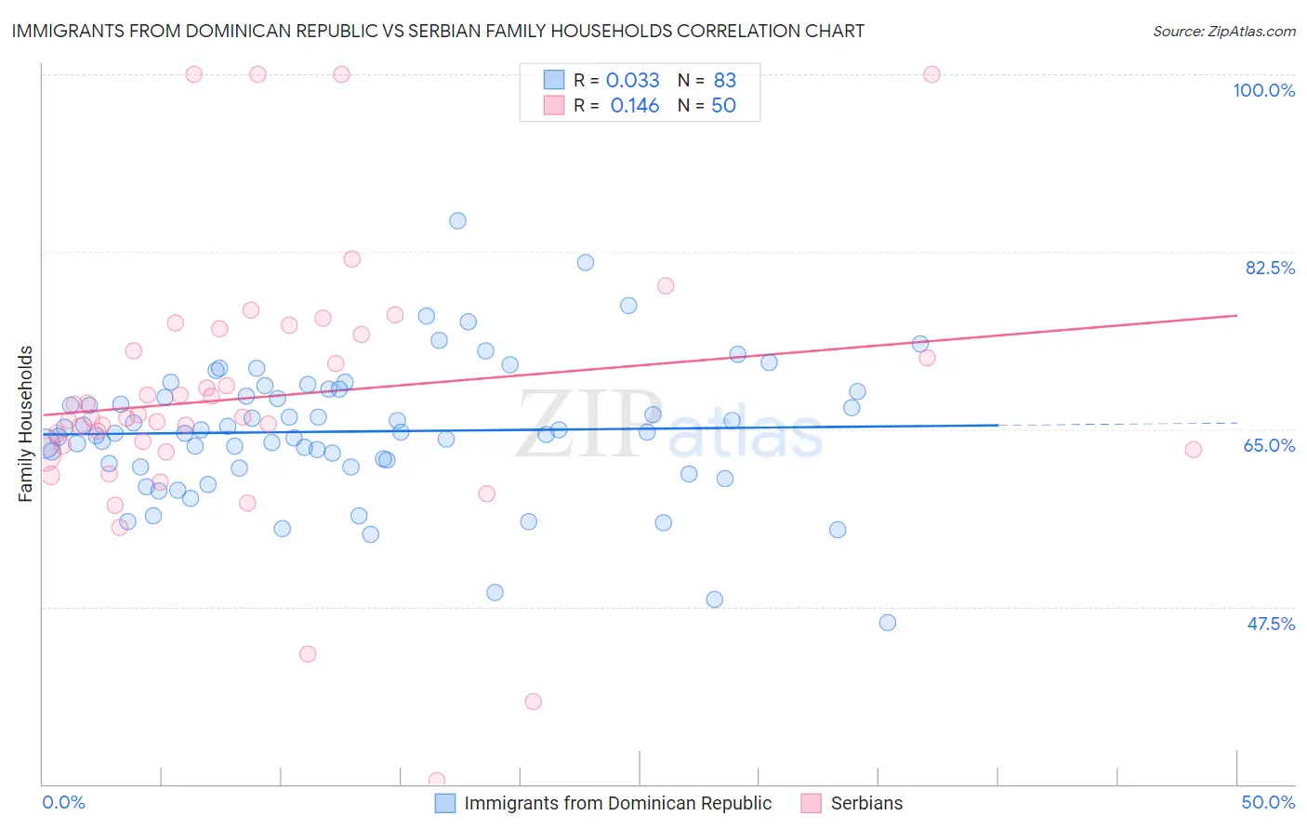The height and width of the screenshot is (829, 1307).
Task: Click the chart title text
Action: (x=437, y=31)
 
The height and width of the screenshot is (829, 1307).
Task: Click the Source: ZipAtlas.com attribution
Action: (x=1223, y=31)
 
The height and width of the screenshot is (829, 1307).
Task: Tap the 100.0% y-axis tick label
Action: (x=1263, y=90)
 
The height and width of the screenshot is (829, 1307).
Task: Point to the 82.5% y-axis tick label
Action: (x=1270, y=268)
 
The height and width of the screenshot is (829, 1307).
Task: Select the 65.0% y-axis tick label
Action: (x=1269, y=445)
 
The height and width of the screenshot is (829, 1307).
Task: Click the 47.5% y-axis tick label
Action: (x=1270, y=624)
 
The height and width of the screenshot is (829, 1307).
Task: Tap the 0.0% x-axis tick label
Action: (x=63, y=802)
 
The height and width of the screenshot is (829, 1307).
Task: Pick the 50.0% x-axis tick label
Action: (x=1268, y=802)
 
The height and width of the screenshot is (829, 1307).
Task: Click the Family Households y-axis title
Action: (x=25, y=424)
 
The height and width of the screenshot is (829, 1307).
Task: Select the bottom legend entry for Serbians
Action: (x=865, y=803)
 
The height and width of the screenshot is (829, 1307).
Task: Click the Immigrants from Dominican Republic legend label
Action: (x=617, y=803)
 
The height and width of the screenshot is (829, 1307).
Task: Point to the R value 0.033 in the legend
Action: (x=632, y=81)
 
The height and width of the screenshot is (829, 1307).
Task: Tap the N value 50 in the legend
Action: (x=723, y=106)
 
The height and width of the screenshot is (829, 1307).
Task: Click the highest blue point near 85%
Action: (x=457, y=221)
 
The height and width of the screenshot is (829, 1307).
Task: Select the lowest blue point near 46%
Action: (x=888, y=623)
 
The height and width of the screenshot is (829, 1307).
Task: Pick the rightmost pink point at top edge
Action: (x=931, y=74)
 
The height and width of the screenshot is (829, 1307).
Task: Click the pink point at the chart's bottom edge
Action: (x=436, y=781)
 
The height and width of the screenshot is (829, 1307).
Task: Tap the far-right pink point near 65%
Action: (x=1193, y=450)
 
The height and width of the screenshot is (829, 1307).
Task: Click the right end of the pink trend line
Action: (x=1236, y=315)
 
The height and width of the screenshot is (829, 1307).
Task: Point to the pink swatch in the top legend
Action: (x=554, y=105)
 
